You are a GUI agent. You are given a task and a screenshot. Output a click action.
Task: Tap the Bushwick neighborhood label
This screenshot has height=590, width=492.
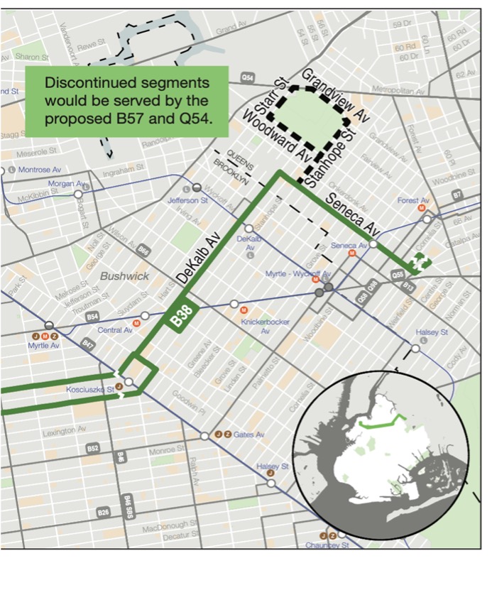point(124,275)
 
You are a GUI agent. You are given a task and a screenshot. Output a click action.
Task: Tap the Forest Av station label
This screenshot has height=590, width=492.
point(413,200)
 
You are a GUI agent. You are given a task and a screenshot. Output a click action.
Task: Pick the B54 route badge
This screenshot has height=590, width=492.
point(92,317)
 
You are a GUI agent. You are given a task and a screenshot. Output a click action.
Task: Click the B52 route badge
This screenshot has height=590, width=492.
point(93,448)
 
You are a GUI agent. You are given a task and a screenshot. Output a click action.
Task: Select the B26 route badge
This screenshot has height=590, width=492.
point(104,511)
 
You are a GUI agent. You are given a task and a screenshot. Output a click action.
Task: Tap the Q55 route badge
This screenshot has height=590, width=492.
point(398,273)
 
